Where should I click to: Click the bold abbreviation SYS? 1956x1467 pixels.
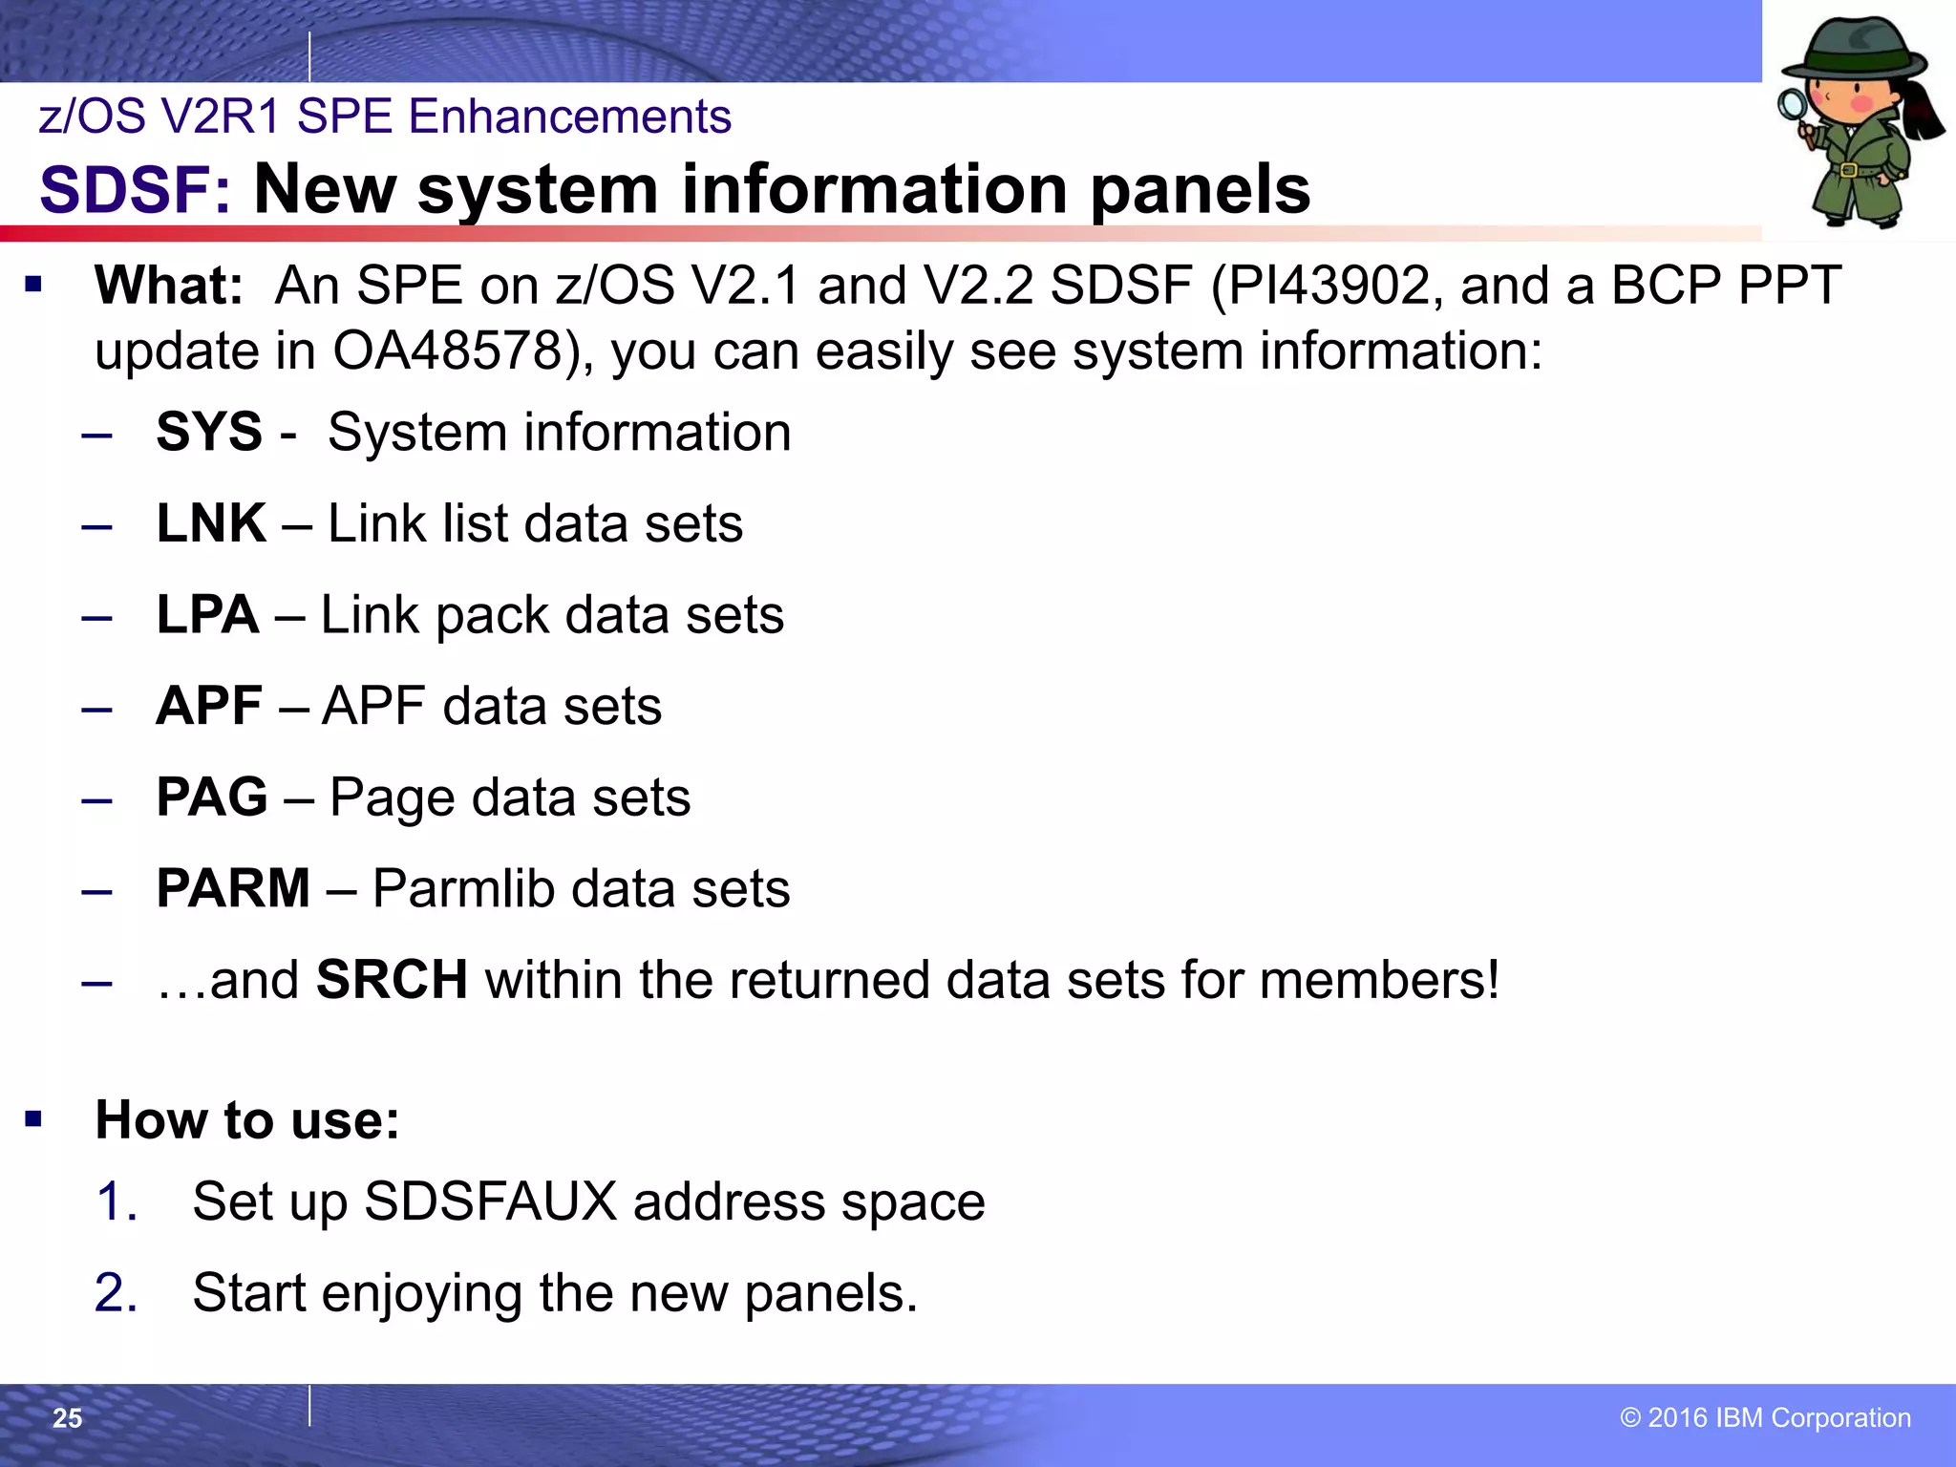[x=209, y=432]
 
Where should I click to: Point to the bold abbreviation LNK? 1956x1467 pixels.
[x=211, y=523]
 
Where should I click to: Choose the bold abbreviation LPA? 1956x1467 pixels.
[x=207, y=614]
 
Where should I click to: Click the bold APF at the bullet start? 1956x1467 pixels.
[x=209, y=706]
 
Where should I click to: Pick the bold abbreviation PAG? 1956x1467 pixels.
[x=212, y=797]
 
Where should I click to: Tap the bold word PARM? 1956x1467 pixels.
[x=233, y=888]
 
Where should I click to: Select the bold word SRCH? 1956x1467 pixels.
[x=392, y=980]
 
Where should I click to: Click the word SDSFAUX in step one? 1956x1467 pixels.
[x=491, y=1201]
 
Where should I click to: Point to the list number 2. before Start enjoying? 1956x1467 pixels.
[x=116, y=1293]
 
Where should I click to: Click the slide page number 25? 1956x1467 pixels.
[x=67, y=1418]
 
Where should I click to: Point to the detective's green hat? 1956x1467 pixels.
[x=1854, y=53]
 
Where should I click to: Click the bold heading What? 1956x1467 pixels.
[x=169, y=286]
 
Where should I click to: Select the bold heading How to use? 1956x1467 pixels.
[x=247, y=1119]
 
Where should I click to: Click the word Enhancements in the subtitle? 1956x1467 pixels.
[x=569, y=117]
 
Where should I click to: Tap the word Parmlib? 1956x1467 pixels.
[x=463, y=888]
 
